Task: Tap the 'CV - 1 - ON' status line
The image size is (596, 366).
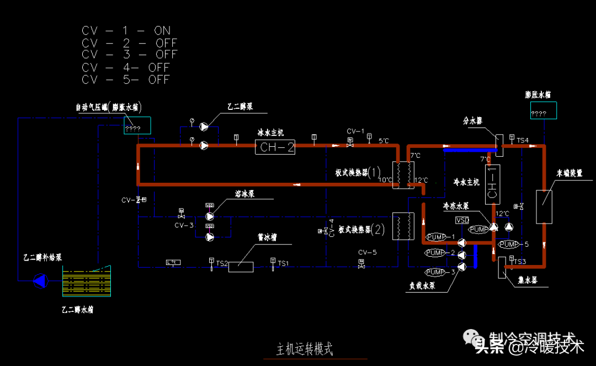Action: (x=126, y=30)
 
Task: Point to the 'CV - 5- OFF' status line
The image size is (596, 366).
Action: (x=126, y=79)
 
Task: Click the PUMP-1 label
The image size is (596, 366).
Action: (x=440, y=237)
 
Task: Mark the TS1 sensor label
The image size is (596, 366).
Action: (x=283, y=264)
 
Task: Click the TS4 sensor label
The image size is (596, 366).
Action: (x=522, y=141)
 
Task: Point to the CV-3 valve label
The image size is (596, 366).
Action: (x=184, y=225)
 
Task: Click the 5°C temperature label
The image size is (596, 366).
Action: (x=384, y=141)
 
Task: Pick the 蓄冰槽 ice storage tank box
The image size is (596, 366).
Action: (x=241, y=267)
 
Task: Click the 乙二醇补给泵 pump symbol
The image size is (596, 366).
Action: (x=40, y=282)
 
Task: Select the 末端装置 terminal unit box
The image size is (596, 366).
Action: (x=544, y=206)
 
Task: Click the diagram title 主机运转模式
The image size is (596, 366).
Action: (x=305, y=349)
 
